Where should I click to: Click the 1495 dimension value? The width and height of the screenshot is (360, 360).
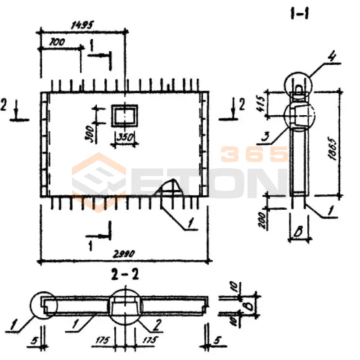(x=82, y=26)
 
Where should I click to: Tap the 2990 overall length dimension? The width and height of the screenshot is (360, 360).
(x=124, y=254)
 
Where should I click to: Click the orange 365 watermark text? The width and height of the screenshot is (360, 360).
(x=254, y=154)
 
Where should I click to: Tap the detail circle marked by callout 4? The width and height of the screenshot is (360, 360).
(x=298, y=84)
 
